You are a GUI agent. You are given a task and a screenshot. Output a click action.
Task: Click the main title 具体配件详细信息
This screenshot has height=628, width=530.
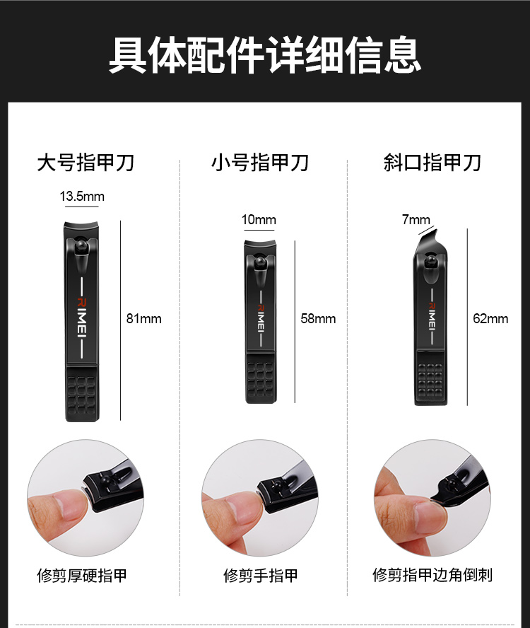[264, 55]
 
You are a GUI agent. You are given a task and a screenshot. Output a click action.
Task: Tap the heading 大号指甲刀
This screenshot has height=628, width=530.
[86, 163]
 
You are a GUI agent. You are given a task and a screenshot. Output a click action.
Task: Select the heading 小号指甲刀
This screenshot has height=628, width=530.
[260, 163]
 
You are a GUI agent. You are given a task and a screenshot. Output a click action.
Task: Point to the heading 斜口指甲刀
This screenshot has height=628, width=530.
[432, 163]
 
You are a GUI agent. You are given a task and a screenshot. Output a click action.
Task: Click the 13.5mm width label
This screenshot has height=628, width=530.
[82, 197]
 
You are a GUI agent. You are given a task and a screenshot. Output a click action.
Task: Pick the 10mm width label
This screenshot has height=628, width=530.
[259, 219]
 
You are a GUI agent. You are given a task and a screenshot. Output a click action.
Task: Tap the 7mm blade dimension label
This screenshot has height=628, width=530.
[416, 219]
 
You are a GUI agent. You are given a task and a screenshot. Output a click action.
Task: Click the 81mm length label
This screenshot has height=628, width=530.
[143, 319]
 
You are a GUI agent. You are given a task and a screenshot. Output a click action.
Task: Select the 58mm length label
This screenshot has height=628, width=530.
[318, 319]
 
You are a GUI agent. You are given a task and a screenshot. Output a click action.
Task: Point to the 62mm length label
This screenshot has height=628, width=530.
[490, 319]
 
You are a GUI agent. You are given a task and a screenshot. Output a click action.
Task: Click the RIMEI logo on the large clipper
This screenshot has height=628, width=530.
[81, 318]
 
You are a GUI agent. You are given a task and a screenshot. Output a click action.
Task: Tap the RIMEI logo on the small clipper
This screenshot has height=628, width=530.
[261, 318]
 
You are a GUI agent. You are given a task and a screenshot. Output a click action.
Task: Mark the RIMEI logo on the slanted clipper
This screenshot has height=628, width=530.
[432, 316]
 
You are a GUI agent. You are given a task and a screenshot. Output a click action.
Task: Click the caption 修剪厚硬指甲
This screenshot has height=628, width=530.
[82, 576]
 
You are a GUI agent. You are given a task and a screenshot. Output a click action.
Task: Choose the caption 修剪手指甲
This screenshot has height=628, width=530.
[261, 576]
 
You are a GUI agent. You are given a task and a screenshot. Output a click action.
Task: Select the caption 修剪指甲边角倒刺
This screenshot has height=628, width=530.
[432, 575]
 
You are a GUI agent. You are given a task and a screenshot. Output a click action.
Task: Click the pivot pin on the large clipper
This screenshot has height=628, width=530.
[82, 245]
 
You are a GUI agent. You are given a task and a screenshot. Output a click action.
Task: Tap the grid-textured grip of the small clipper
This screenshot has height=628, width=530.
[260, 378]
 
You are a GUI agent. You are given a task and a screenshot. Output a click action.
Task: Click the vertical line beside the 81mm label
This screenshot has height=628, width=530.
[121, 320]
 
